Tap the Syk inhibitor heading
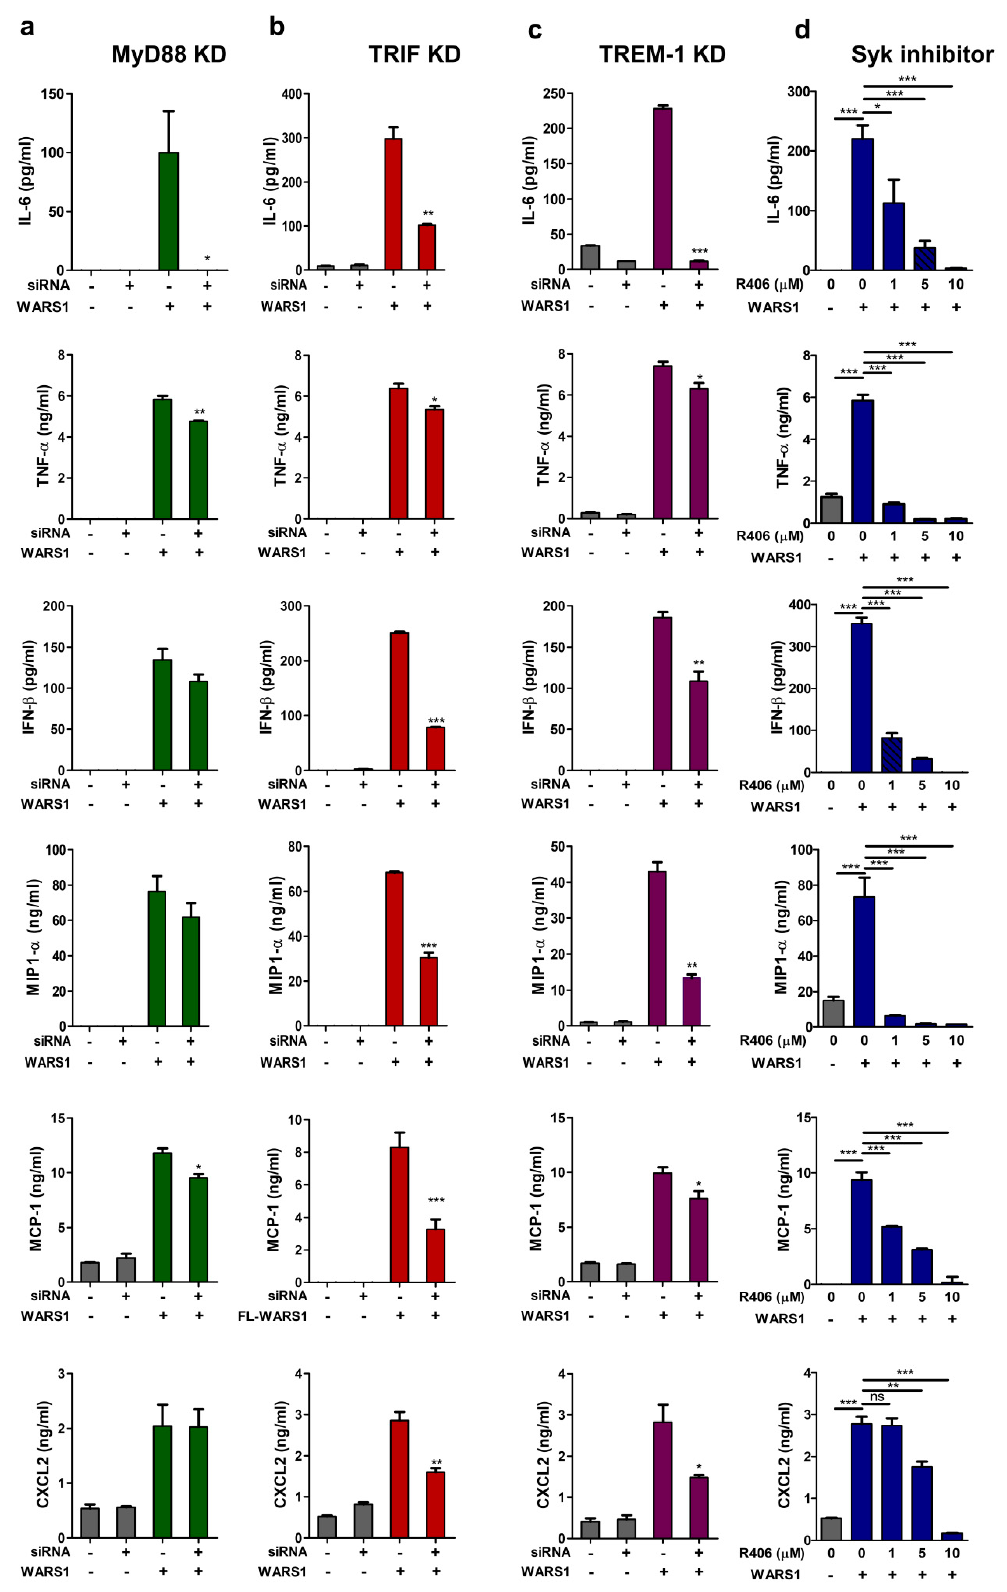[922, 54]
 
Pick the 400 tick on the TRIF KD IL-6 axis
[291, 94]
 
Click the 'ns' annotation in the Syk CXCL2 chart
[877, 1397]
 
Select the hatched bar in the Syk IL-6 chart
[924, 258]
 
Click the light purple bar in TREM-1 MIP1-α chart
[692, 1001]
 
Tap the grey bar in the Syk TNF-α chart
[831, 509]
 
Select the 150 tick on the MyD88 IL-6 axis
[52, 94]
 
